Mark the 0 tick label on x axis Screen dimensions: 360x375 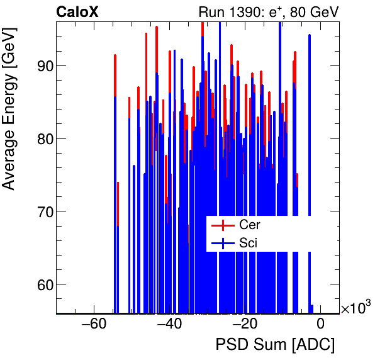[x=320, y=325]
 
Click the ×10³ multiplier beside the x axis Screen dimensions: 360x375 [x=355, y=308]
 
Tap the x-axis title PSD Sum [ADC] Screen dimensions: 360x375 [x=275, y=345]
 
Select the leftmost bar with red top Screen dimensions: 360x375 [x=115, y=76]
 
